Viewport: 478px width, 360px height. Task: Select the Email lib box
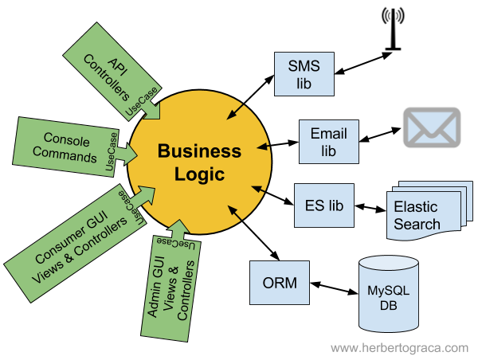point(329,141)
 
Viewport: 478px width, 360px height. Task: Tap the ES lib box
point(323,205)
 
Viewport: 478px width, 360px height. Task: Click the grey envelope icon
point(432,127)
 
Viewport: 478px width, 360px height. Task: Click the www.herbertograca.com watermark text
point(399,348)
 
